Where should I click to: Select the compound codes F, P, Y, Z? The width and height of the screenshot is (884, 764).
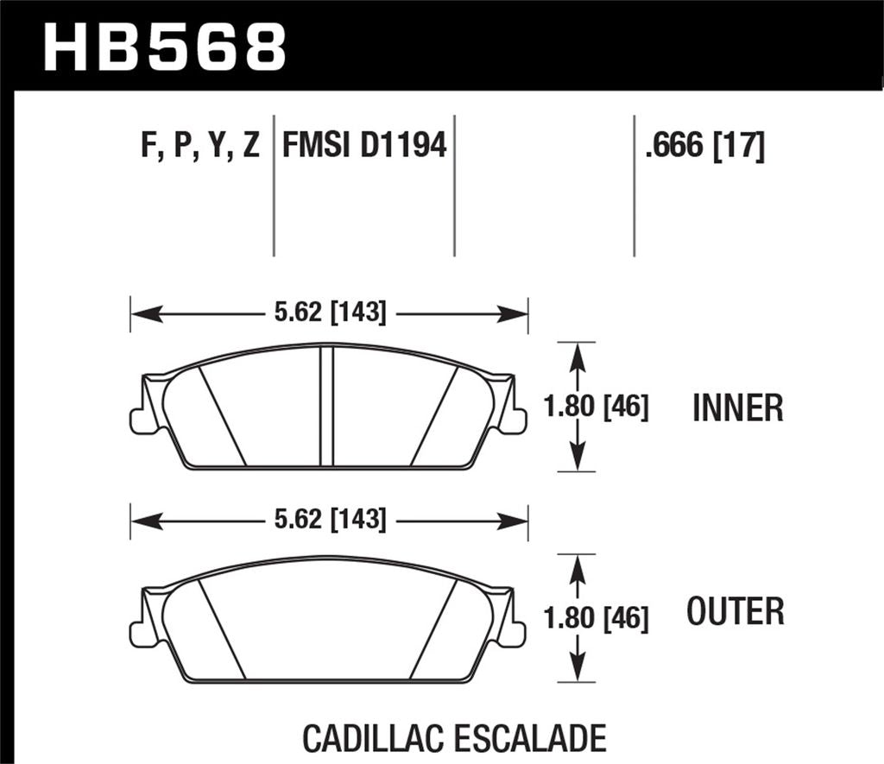(x=199, y=145)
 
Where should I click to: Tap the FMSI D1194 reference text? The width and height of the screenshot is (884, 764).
(x=364, y=145)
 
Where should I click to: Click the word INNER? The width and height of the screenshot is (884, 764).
(x=737, y=407)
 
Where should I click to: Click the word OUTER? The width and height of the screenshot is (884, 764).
(x=736, y=611)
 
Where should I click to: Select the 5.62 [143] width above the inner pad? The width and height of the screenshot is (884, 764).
(x=329, y=313)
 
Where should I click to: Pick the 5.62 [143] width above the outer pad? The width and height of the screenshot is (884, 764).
(x=329, y=519)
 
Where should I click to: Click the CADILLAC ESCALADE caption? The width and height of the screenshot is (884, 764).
(x=454, y=739)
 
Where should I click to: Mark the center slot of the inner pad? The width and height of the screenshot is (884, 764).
(x=326, y=406)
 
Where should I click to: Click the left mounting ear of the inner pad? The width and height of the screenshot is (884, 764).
(x=141, y=420)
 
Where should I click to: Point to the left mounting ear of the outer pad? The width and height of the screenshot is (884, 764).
(x=141, y=633)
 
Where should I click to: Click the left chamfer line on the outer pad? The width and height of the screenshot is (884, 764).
(x=223, y=628)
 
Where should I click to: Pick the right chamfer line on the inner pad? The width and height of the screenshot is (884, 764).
(x=433, y=415)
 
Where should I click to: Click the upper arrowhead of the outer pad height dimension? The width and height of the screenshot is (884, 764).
(x=578, y=567)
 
